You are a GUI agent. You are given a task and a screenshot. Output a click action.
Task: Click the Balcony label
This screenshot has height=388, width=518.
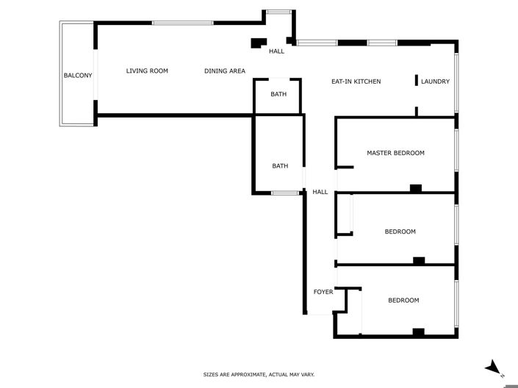point(78,75)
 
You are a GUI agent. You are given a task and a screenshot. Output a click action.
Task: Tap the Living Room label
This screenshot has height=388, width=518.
point(147,71)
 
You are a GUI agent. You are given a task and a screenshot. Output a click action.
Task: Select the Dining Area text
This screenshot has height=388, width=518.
point(225,71)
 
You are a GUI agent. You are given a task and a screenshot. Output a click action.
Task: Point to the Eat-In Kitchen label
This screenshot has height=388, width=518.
point(356,82)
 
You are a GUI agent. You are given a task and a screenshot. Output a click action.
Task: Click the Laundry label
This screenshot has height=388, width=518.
point(435,82)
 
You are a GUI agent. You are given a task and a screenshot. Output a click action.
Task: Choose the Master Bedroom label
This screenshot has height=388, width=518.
point(395,153)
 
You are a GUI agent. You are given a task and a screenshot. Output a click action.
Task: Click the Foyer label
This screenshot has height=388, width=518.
point(323,292)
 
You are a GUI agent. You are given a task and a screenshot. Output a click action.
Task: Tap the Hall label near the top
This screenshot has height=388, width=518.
point(276,51)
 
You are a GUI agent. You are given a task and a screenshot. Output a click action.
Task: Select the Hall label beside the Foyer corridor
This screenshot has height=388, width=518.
point(320,192)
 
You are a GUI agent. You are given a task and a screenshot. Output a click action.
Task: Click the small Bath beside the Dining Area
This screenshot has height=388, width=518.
point(278,94)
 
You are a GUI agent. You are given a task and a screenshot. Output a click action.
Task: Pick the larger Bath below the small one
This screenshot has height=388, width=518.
point(280,166)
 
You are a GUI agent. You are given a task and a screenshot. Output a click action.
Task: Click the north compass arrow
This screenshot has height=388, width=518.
point(494,367)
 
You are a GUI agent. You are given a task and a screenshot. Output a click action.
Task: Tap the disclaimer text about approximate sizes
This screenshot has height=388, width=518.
point(259,375)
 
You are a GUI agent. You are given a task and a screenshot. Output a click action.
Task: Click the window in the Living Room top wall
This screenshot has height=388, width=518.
point(183,24)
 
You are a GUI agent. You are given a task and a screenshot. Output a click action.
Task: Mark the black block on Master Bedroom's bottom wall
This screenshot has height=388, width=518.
point(415,188)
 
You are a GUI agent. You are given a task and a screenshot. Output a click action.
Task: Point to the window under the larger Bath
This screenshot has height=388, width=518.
point(285,193)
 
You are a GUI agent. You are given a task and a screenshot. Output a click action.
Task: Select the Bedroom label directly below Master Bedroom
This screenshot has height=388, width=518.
point(400,231)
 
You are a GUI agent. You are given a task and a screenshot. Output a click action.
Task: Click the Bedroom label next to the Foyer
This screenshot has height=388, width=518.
point(403,301)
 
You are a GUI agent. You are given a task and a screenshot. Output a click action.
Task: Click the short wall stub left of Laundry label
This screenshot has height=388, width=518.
point(417,80)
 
